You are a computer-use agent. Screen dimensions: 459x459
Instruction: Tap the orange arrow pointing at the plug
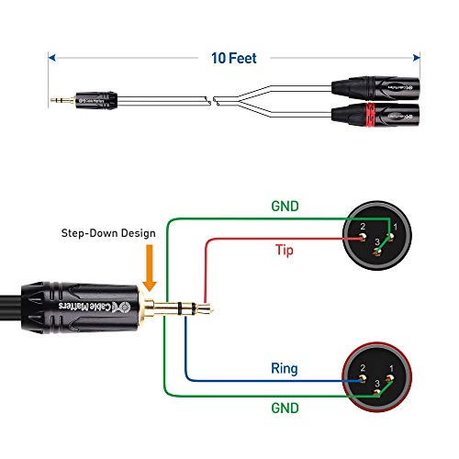point(150,266)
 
